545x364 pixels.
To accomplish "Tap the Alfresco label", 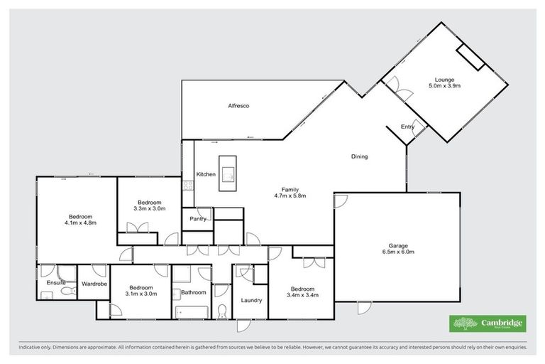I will [238, 106].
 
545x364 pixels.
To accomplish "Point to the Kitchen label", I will [206, 174].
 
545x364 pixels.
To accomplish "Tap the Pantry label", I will [197, 220].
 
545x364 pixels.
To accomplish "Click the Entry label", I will [407, 127].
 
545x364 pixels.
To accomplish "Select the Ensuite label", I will [55, 283].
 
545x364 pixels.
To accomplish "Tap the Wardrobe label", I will [94, 283].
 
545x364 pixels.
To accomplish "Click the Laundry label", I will [251, 300].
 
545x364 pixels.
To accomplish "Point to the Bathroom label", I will [193, 292].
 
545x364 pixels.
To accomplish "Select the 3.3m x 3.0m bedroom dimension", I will [149, 209].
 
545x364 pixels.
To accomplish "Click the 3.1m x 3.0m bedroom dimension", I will [140, 293].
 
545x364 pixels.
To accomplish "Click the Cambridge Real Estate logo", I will [488, 323].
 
